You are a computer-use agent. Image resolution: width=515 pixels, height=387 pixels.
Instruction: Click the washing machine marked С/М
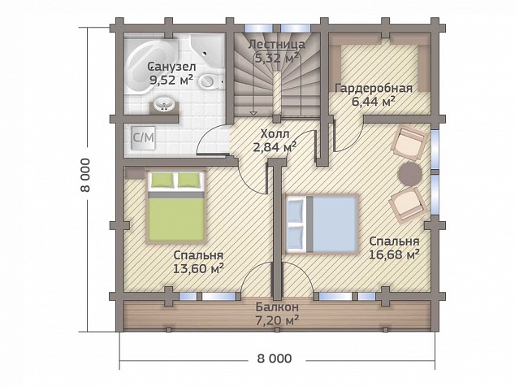pos(143,137)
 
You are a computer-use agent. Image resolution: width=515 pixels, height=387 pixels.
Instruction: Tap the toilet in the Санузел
pos(211,81)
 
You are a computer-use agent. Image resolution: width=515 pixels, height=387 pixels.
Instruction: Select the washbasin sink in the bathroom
pos(163,105)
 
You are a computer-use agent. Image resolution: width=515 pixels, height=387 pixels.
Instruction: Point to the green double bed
pos(176,207)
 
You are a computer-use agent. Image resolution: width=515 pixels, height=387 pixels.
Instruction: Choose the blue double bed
pos(322,224)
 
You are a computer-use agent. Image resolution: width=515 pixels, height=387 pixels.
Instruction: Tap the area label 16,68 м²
pos(394,254)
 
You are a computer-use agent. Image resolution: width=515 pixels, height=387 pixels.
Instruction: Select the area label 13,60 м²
pos(199,268)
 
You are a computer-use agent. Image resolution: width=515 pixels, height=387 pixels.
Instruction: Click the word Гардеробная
pos(374,88)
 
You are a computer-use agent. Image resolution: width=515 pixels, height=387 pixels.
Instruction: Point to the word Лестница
pos(276,44)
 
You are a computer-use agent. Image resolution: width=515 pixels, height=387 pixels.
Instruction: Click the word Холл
pos(275,134)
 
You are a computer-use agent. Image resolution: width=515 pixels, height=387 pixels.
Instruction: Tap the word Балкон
pos(277,307)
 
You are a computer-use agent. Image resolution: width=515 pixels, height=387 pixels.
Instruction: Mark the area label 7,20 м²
pos(277,320)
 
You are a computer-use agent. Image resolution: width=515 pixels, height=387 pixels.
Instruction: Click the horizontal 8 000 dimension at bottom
pos(275,358)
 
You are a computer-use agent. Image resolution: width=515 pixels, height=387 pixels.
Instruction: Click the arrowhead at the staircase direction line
pos(253,113)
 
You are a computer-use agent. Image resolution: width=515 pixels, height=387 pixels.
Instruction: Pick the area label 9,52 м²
pos(171,80)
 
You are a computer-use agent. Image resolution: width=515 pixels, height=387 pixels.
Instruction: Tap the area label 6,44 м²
pos(374,102)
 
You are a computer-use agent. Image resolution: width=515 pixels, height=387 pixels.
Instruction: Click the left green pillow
pos(162,180)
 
